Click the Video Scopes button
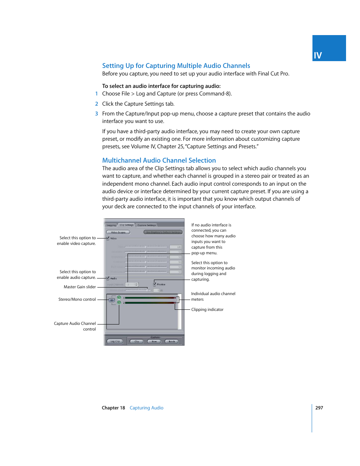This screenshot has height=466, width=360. [x=118, y=232]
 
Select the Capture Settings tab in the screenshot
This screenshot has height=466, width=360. [x=147, y=225]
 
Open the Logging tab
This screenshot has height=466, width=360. [x=111, y=225]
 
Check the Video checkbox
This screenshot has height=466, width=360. [x=108, y=238]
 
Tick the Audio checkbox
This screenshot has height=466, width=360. [x=108, y=278]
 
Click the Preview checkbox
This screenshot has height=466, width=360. [x=155, y=284]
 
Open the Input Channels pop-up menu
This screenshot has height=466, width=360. [x=132, y=285]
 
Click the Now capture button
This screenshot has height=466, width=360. [x=154, y=341]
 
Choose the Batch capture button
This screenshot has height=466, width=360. [x=172, y=341]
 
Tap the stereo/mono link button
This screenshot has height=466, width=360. [x=112, y=300]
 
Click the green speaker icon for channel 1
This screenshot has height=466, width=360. [x=119, y=298]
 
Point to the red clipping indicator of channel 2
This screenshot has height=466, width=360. [x=175, y=303]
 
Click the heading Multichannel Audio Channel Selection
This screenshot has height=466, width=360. [x=159, y=160]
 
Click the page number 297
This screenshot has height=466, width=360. [x=319, y=408]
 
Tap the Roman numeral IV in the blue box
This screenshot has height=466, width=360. [x=318, y=55]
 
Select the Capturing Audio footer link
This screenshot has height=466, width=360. [x=146, y=408]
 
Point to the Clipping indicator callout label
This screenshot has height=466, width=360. [x=207, y=310]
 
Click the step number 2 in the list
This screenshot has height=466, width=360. [x=97, y=104]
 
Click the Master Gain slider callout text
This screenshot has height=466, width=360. [x=80, y=287]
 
